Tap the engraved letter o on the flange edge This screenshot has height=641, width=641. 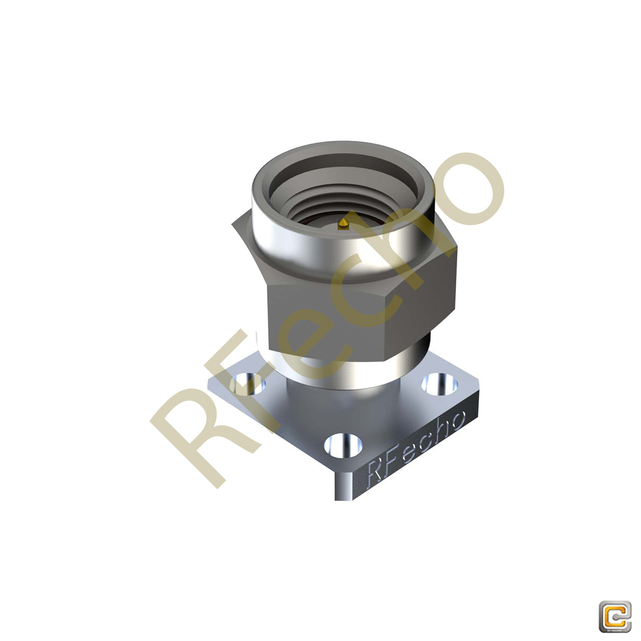[456, 420]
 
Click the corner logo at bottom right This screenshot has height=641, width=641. [615, 617]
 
